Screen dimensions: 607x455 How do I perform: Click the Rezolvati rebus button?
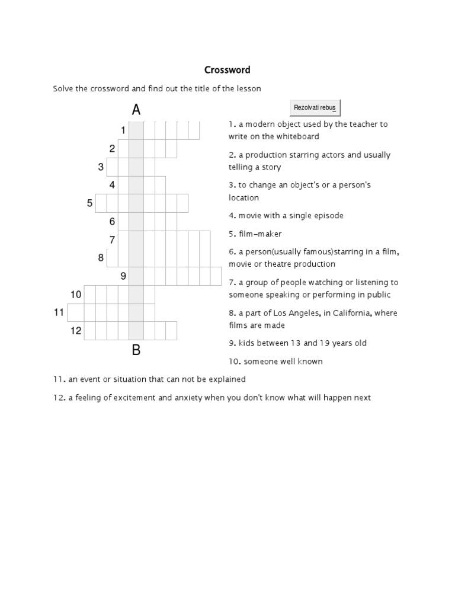(315, 107)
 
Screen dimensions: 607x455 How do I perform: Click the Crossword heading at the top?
(227, 70)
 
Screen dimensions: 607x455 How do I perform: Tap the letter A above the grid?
(136, 110)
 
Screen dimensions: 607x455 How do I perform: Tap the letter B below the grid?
(136, 350)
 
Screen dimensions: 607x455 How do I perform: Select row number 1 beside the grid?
(123, 130)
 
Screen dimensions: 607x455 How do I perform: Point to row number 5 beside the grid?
(90, 203)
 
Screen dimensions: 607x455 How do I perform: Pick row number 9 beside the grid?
(123, 276)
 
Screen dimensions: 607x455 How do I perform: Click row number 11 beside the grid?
(59, 312)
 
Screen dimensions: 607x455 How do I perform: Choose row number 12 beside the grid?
(76, 331)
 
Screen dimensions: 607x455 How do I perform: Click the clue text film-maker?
(260, 234)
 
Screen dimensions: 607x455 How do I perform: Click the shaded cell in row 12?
(136, 331)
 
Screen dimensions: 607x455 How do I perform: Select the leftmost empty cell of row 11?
(76, 312)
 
